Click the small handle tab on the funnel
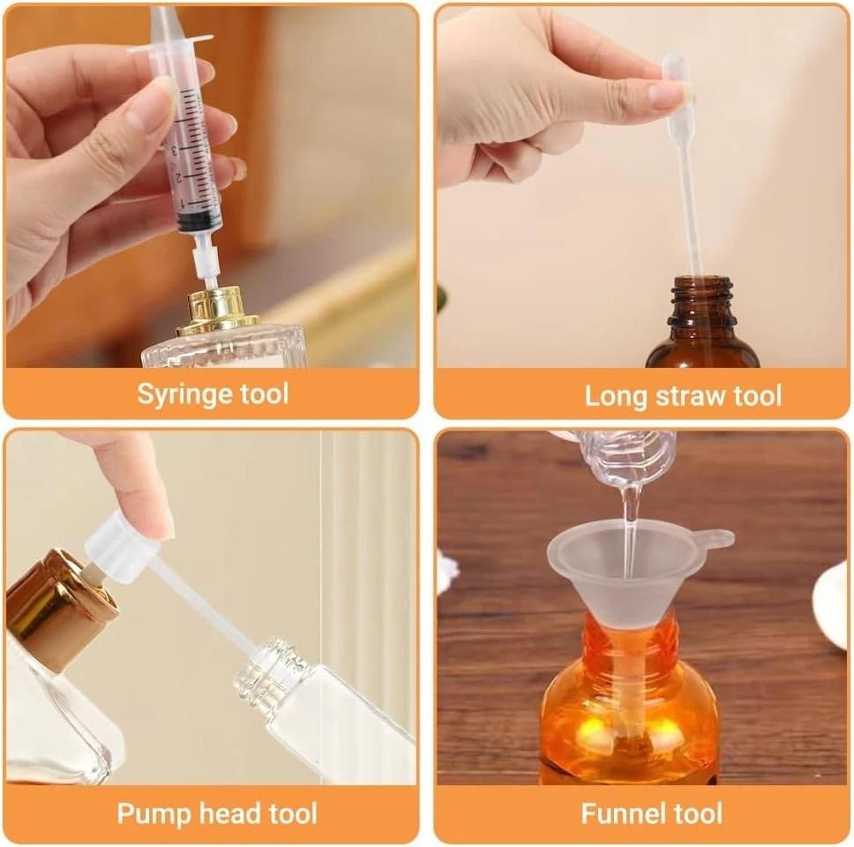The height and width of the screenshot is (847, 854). click(716, 537)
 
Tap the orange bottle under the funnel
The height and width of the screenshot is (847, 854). click(628, 706)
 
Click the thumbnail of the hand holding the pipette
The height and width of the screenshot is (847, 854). click(666, 95)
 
